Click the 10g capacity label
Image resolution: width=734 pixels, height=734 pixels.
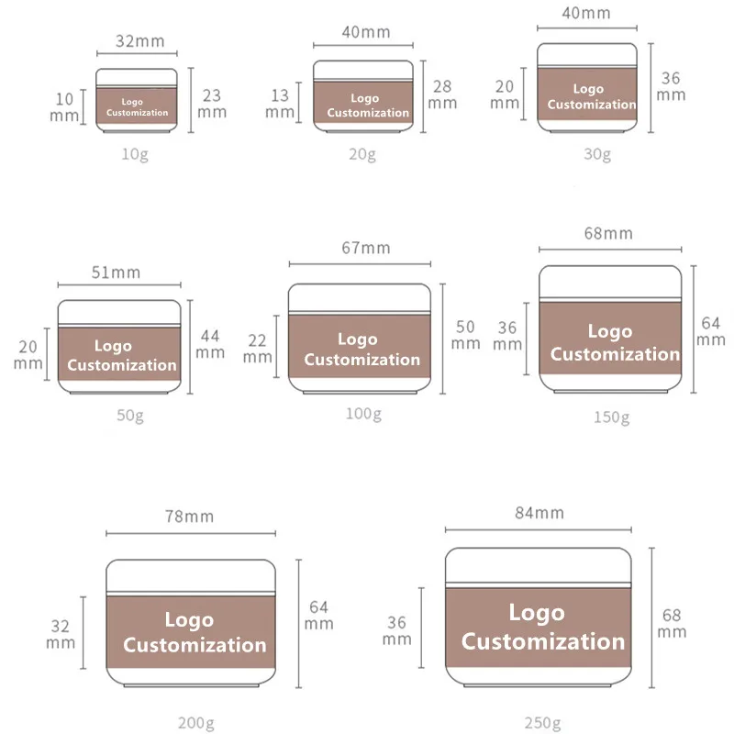[135, 153]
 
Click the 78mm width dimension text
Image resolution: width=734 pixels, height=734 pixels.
[190, 517]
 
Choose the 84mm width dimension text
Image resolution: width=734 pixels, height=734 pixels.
[539, 513]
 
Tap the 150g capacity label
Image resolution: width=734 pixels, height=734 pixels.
[610, 417]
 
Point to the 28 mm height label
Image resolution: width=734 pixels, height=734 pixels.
[442, 94]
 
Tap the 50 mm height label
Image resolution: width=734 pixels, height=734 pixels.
[466, 335]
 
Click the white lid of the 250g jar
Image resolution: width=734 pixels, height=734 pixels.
[539, 567]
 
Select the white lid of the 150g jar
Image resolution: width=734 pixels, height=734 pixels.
[610, 282]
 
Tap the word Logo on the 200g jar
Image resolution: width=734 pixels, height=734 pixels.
[189, 620]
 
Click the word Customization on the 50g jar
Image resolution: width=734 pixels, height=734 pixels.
[122, 365]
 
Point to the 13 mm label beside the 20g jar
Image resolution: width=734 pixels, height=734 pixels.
[280, 103]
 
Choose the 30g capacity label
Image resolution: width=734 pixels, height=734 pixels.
[597, 153]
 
